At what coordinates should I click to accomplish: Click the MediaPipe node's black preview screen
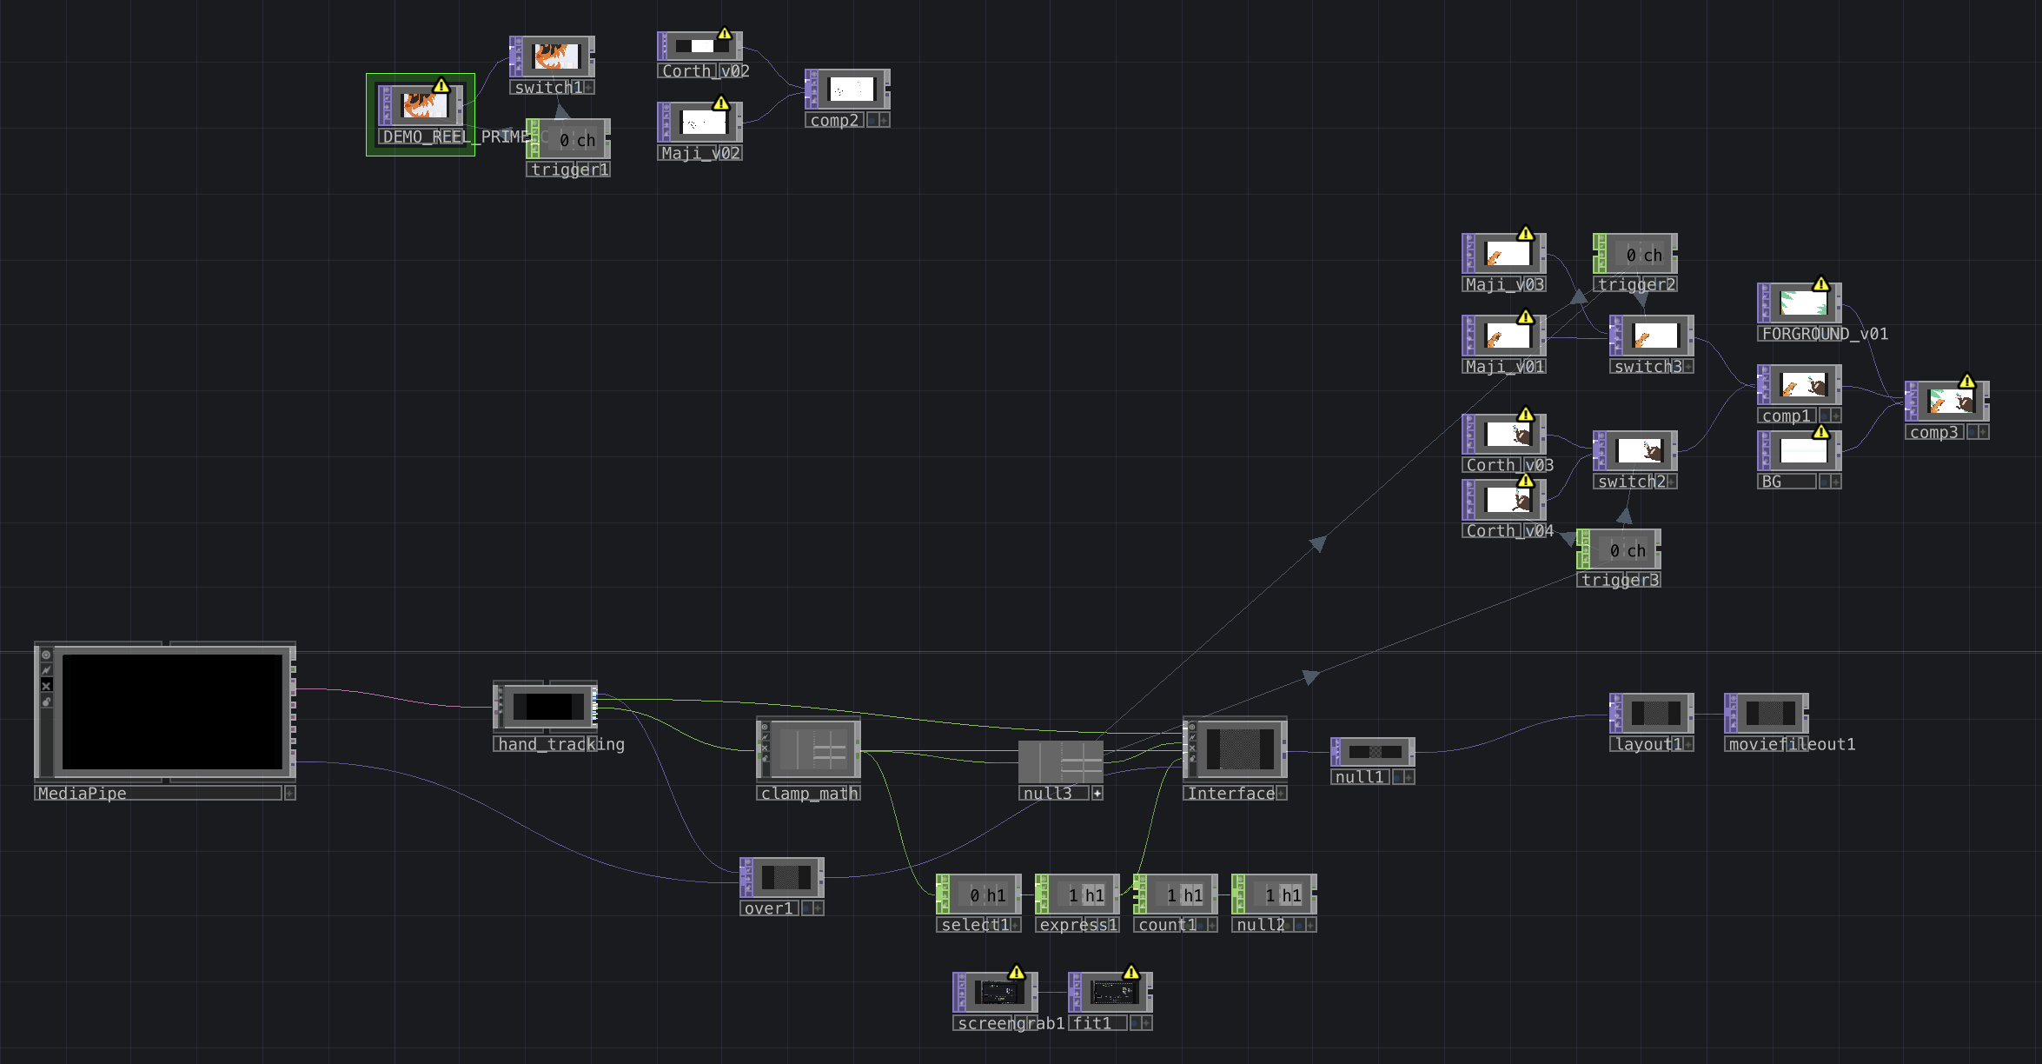[x=172, y=711]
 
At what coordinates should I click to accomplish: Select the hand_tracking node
[x=548, y=706]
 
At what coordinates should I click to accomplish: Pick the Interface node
[x=1238, y=748]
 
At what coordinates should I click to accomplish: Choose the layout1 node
[x=1654, y=713]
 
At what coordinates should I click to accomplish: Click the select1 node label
[x=974, y=925]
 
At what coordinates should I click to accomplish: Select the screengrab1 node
[x=998, y=992]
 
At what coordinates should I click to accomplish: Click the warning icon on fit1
[x=1130, y=972]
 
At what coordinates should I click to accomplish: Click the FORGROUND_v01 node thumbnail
[x=1803, y=303]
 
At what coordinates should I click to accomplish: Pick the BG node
[x=1803, y=450]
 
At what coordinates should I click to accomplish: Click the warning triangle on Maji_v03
[x=1525, y=234]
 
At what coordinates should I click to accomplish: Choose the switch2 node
[x=1639, y=451]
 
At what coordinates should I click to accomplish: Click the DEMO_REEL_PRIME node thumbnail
[x=424, y=106]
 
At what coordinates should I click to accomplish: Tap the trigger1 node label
[x=568, y=170]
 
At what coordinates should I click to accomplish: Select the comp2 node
[x=851, y=90]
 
